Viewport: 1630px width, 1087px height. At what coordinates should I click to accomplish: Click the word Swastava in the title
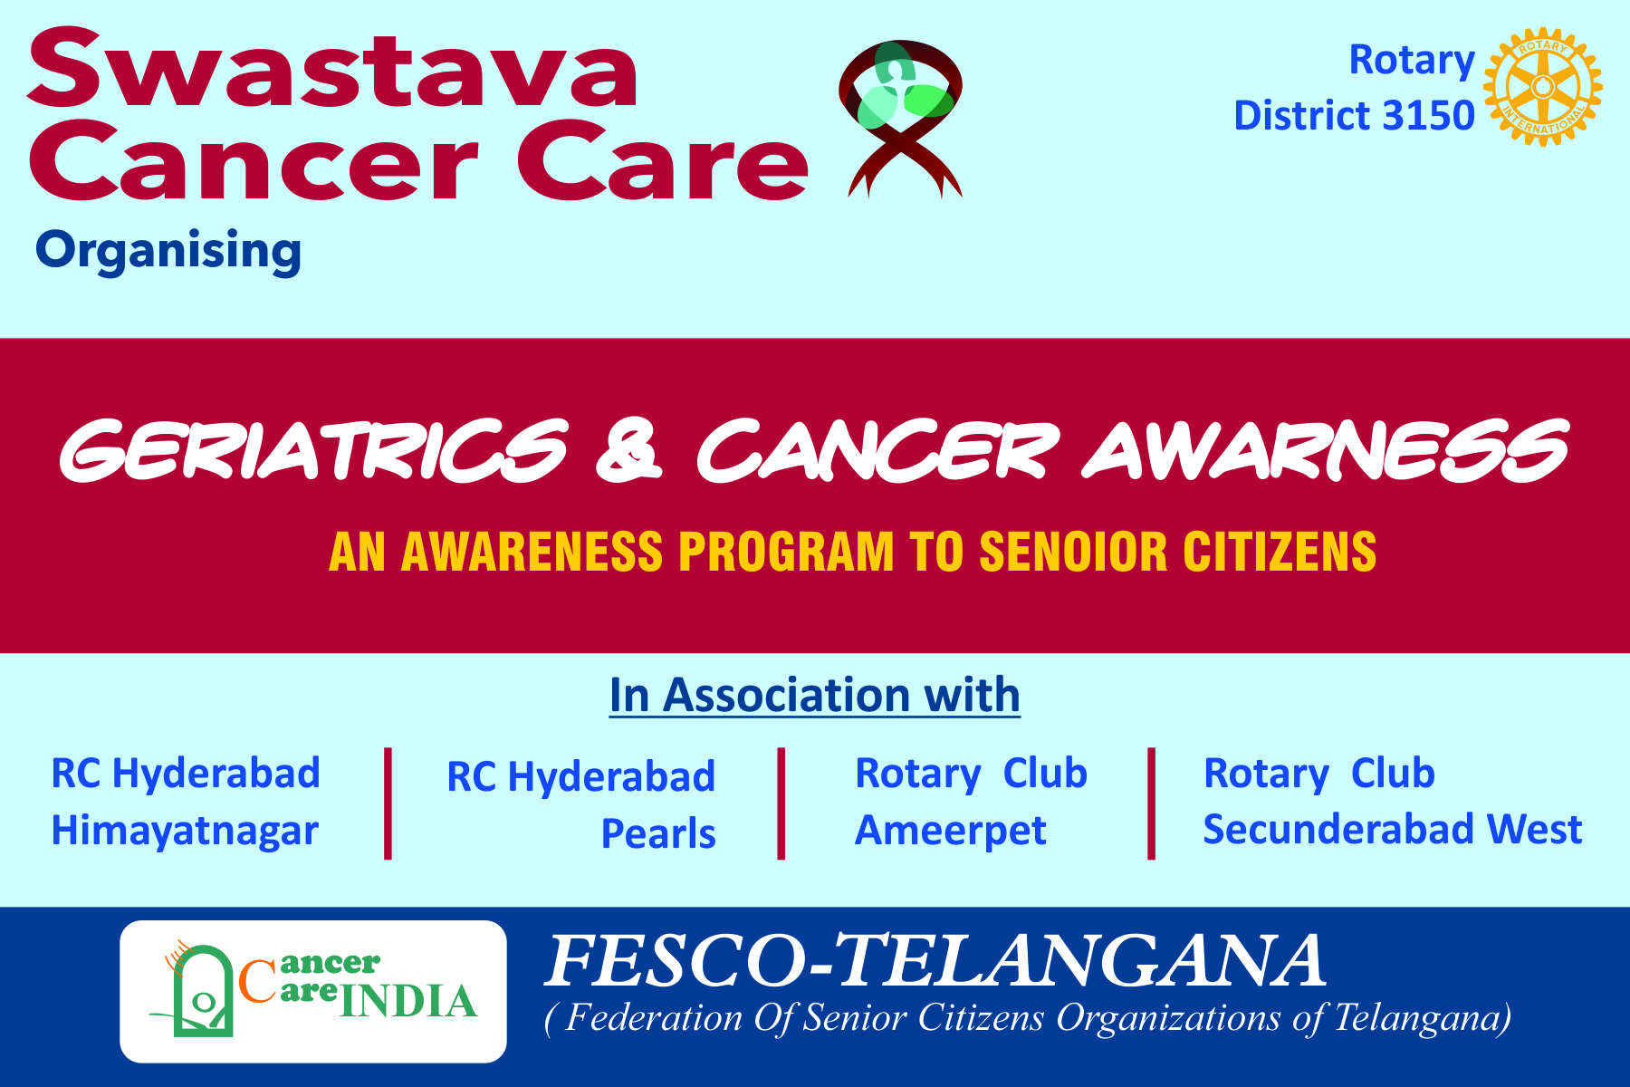tap(333, 69)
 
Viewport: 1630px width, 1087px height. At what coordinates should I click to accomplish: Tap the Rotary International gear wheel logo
tap(1543, 87)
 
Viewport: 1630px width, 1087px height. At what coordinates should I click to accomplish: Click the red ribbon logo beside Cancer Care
tap(901, 119)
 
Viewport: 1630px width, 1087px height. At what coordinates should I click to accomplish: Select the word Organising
tap(168, 251)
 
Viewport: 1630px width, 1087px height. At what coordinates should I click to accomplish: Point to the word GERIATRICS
tap(313, 450)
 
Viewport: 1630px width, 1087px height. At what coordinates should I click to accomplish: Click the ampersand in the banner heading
tap(629, 450)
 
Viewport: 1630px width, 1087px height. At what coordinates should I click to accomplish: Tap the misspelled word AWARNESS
tap(1325, 450)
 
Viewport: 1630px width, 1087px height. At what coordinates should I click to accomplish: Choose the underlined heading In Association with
tap(815, 695)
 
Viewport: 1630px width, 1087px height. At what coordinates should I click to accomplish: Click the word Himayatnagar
tap(185, 832)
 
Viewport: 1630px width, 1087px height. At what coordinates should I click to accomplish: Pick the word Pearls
tap(658, 833)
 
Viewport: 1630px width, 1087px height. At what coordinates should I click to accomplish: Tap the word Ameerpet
tap(951, 831)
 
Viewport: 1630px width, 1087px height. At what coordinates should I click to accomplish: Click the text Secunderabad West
tap(1393, 829)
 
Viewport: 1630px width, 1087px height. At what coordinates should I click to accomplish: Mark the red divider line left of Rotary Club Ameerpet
tap(781, 803)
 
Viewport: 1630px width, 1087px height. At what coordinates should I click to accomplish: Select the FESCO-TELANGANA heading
tap(935, 961)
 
